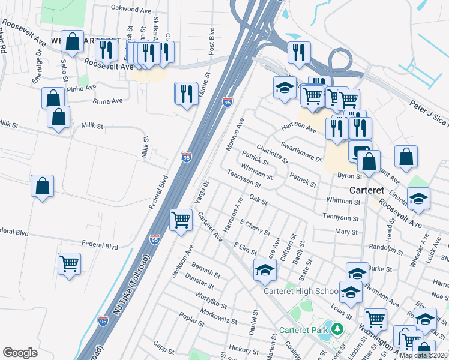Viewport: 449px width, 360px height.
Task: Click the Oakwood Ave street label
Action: coord(131,10)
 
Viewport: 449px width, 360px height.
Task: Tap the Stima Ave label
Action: coord(108,101)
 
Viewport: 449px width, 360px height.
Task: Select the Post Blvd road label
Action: coord(211,38)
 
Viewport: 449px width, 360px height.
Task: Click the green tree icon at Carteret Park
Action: coord(337,329)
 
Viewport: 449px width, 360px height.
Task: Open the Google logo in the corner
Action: coord(20,353)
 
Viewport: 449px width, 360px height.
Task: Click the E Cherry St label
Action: coord(255,227)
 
